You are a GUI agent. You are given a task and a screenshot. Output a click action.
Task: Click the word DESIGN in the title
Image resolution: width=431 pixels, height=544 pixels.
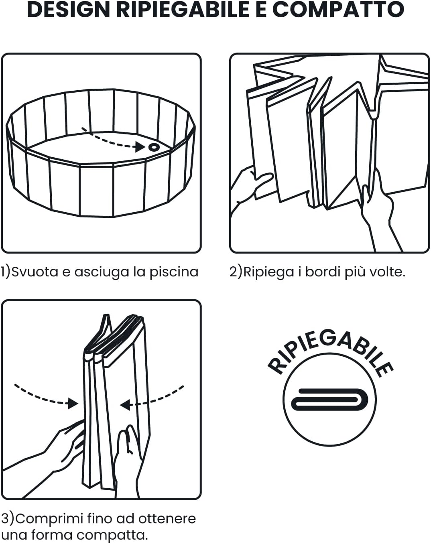point(68,10)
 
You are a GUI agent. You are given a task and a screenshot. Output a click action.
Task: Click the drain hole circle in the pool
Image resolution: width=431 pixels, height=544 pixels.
point(154,147)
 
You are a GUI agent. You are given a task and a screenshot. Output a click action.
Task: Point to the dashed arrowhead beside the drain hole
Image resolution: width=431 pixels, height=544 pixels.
point(140,146)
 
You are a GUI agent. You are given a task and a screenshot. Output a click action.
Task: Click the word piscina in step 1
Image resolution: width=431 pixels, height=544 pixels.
point(174,272)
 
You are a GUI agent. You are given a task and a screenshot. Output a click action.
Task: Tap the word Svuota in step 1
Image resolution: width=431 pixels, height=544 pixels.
point(35,272)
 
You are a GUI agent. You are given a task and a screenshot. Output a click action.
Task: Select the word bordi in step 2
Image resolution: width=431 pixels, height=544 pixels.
point(323,272)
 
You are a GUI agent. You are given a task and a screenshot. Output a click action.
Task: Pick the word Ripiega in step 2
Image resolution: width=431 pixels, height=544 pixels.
point(268,272)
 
